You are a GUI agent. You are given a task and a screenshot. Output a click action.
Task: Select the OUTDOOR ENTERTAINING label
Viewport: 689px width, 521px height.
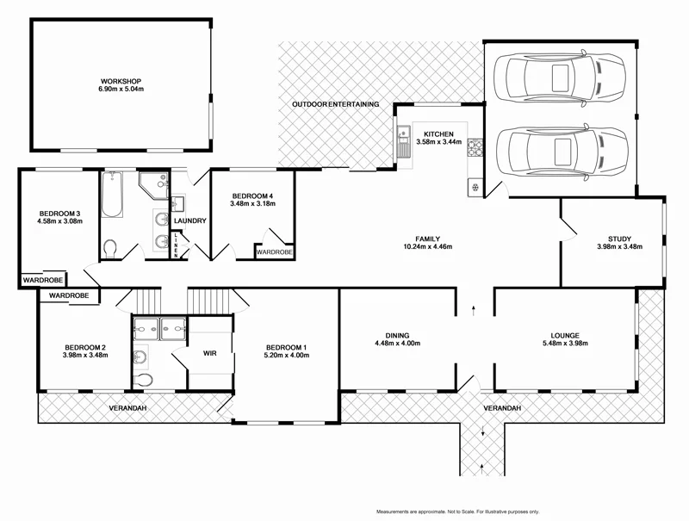335,104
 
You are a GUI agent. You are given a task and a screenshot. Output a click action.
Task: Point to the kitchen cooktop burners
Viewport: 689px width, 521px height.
474,150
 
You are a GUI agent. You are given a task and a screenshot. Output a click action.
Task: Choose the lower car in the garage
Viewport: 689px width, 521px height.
558,153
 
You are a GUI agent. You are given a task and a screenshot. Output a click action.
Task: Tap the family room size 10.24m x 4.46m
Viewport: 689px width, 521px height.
428,247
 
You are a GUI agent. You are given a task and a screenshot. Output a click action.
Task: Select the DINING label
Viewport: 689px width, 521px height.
397,335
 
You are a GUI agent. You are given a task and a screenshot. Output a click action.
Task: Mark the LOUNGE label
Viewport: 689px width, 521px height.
565,335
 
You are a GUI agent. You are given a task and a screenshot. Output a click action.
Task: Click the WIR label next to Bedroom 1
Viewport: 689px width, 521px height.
209,354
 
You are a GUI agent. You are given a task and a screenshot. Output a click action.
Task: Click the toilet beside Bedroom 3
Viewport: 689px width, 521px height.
109,249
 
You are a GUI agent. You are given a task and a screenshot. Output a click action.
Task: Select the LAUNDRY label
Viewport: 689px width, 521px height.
190,221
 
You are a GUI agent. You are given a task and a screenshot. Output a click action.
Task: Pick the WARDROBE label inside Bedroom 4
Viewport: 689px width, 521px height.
274,251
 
